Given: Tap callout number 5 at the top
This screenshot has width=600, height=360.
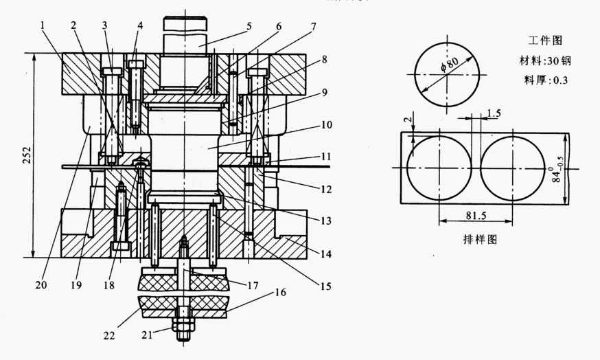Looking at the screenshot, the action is click(249, 26).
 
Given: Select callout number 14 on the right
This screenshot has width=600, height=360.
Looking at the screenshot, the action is click(325, 254).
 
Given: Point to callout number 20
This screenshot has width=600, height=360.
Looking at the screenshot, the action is click(41, 285).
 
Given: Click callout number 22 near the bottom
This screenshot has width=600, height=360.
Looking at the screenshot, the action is click(109, 335).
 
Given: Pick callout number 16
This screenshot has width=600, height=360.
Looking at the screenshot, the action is click(280, 293).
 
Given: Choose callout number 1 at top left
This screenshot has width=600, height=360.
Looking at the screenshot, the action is click(43, 25).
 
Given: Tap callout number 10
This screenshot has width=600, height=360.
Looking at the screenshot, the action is click(327, 125).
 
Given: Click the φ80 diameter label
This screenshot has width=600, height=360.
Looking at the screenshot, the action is click(450, 64).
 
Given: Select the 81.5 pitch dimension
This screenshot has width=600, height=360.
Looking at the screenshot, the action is click(476, 216).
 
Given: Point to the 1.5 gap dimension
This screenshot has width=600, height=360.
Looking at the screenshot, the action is click(494, 113).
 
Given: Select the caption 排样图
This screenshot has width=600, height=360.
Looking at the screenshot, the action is click(481, 239).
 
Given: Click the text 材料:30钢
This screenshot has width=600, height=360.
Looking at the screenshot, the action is click(545, 60).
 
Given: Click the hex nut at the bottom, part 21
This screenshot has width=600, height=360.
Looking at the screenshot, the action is click(184, 327).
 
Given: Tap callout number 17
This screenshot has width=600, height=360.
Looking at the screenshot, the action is click(253, 285).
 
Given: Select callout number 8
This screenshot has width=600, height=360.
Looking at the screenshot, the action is click(325, 59).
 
